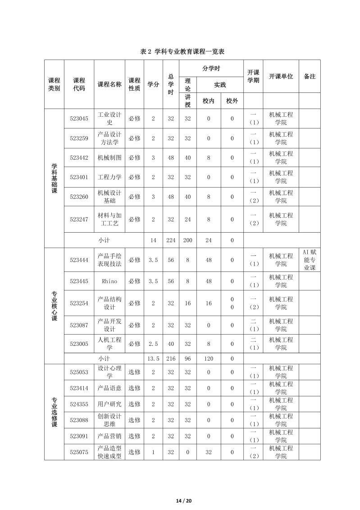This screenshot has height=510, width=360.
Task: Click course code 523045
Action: click(79, 119)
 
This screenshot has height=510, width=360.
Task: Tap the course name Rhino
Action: click(109, 281)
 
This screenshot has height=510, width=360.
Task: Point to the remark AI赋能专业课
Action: click(310, 259)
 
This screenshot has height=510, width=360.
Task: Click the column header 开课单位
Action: click(281, 77)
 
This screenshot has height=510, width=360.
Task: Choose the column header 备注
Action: click(310, 77)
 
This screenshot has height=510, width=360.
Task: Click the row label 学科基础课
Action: click(54, 178)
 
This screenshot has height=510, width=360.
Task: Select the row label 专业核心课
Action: click(54, 305)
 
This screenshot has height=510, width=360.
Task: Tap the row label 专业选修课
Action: click(54, 412)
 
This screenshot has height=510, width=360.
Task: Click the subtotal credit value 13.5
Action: click(153, 358)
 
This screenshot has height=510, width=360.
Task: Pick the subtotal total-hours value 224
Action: click(171, 240)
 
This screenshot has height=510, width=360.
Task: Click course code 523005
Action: click(79, 344)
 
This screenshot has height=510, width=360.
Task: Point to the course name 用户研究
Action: click(109, 404)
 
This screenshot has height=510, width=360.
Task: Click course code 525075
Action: click(79, 452)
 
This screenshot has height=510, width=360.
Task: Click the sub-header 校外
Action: click(232, 101)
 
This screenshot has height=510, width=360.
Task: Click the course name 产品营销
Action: click(109, 436)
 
